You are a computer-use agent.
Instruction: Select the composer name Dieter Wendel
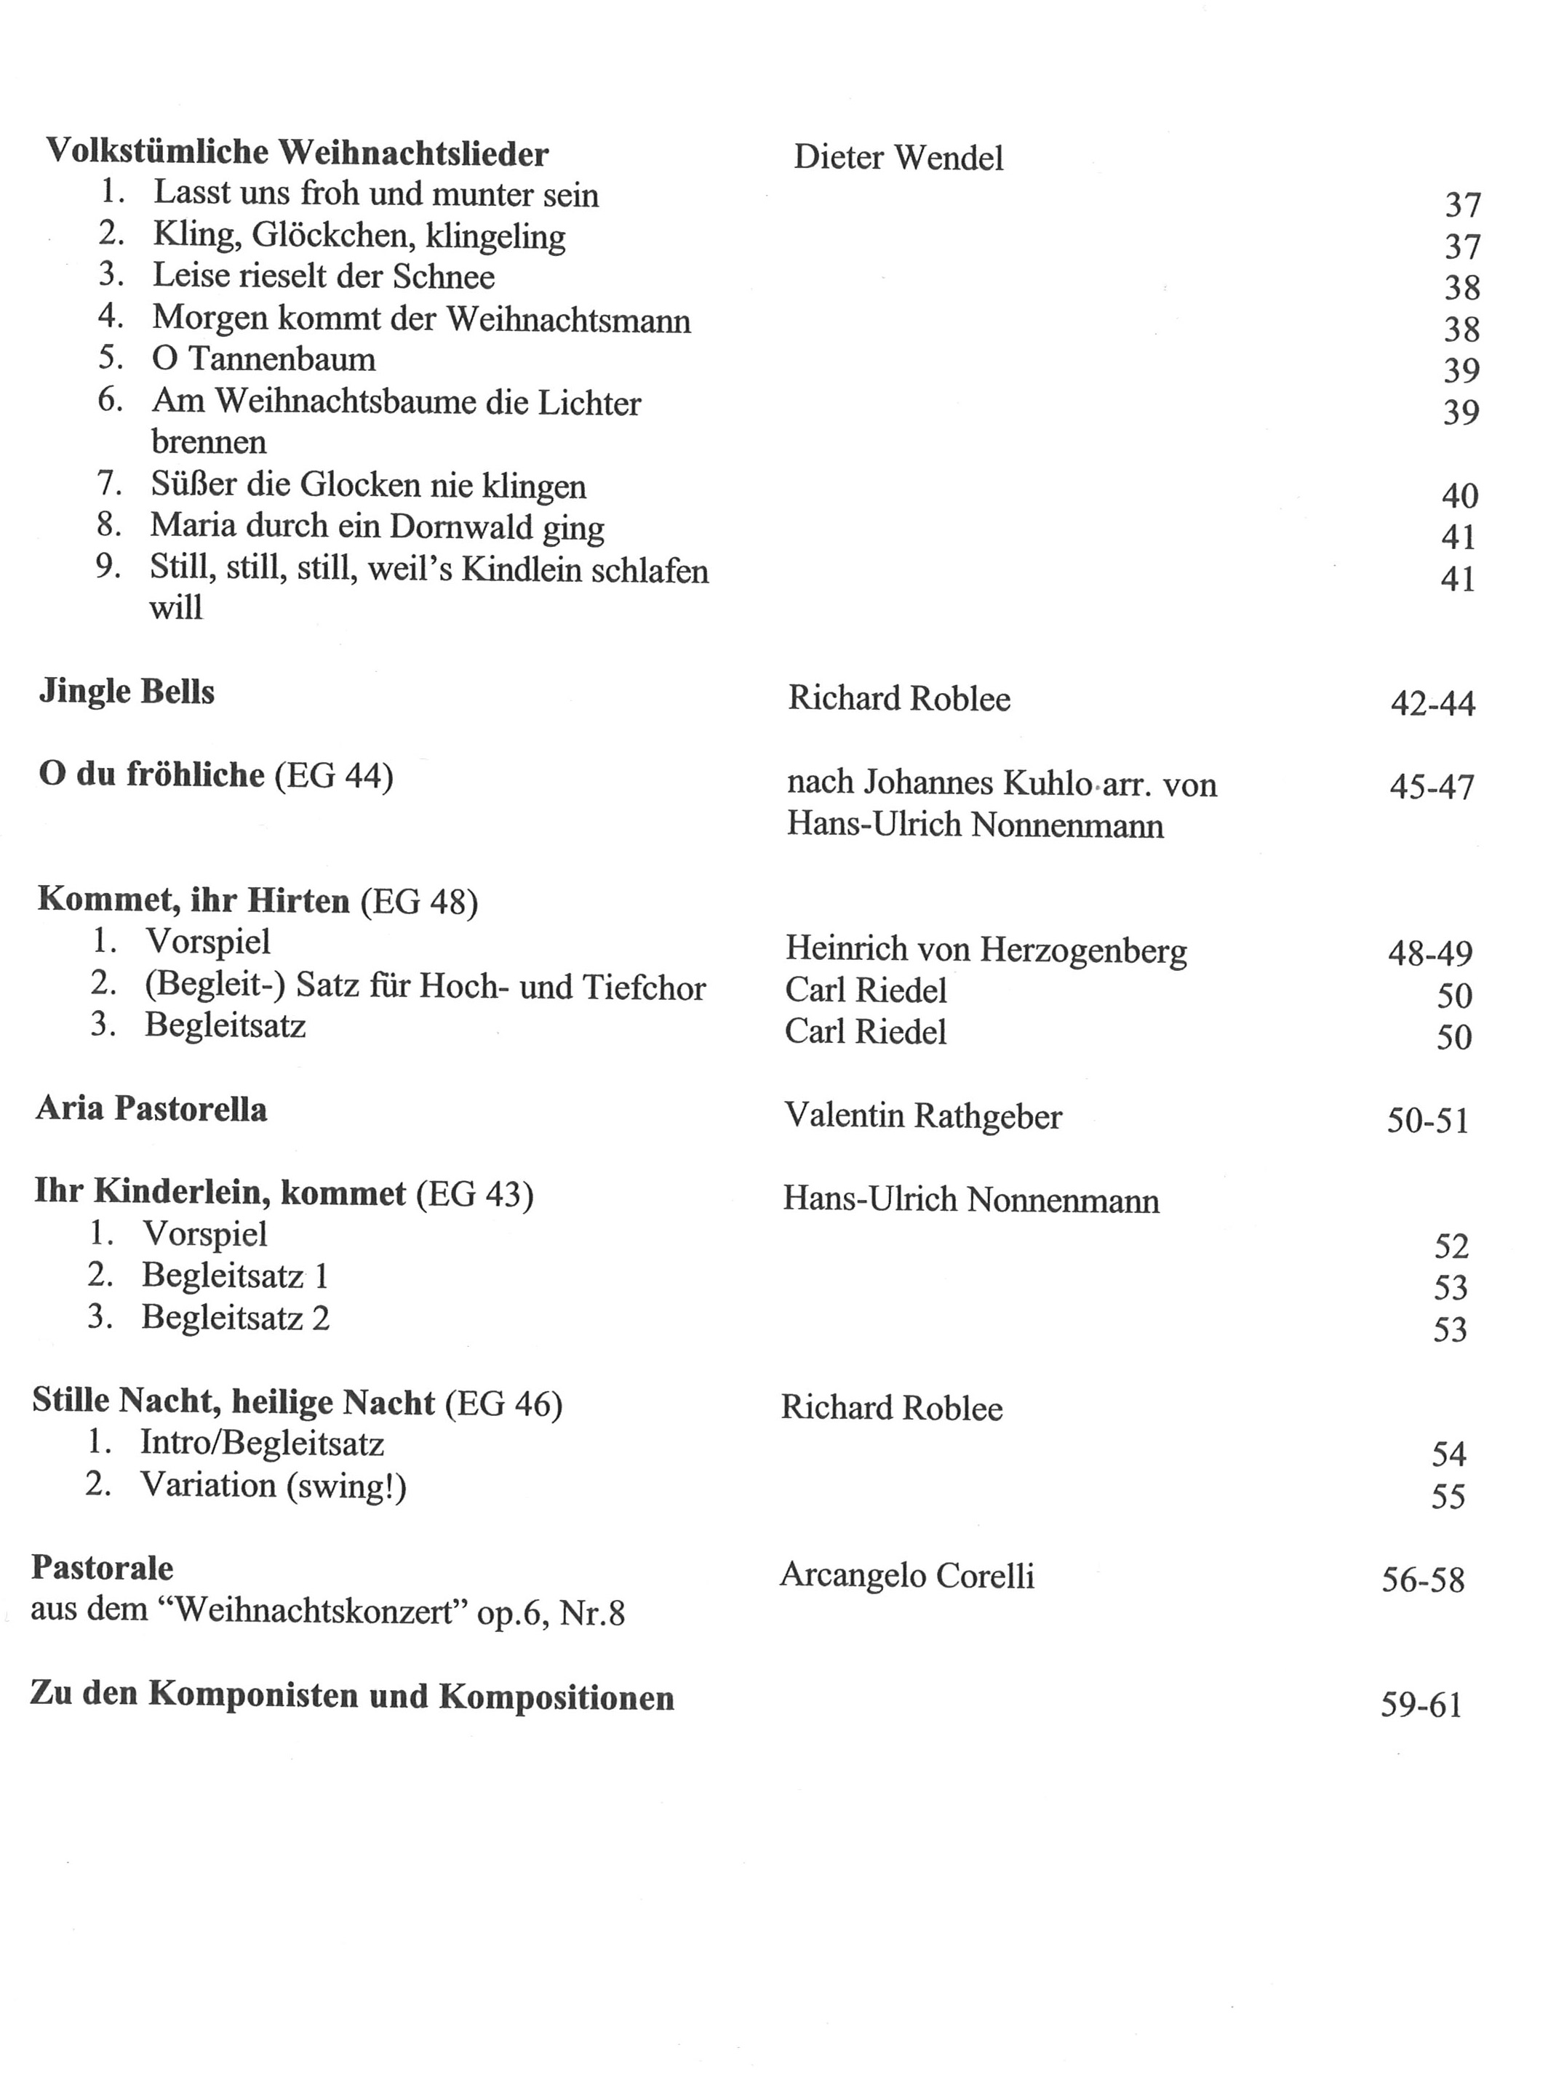click(898, 157)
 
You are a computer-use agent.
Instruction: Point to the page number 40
click(1459, 495)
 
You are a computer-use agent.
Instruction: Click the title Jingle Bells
click(127, 692)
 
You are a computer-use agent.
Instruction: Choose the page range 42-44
click(1432, 703)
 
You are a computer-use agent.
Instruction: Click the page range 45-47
click(1431, 787)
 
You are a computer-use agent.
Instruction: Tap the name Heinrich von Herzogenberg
click(986, 950)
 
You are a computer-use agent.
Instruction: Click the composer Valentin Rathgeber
click(923, 1116)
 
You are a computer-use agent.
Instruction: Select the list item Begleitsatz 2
click(235, 1318)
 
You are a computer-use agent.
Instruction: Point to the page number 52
click(1451, 1246)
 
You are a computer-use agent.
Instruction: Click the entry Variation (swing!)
click(273, 1485)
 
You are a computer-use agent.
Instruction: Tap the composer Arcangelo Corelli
click(906, 1576)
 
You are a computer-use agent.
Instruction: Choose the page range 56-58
click(1421, 1580)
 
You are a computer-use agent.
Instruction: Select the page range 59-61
click(1421, 1705)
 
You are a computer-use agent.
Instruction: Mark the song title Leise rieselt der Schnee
click(323, 276)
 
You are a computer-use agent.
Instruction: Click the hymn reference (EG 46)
click(503, 1404)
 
